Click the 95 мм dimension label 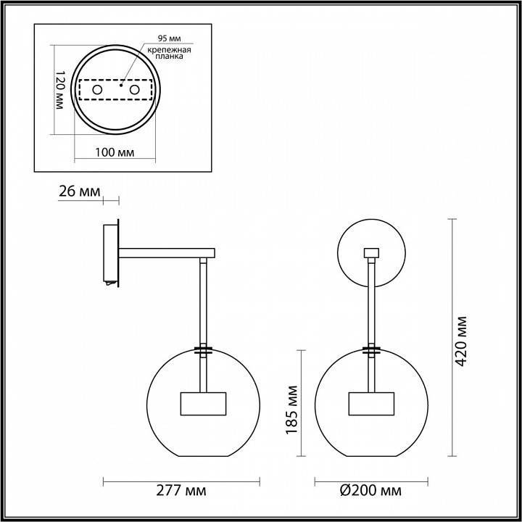[167, 37]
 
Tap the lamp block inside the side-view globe [204, 404]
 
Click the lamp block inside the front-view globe [372, 404]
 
